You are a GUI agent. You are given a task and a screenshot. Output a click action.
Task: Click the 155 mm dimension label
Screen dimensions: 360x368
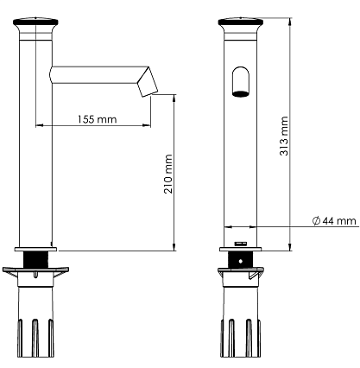tap(98, 119)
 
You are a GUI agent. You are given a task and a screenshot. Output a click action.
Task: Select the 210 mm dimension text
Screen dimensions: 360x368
tap(168, 174)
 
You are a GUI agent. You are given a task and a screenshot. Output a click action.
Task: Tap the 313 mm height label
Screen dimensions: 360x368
tap(284, 136)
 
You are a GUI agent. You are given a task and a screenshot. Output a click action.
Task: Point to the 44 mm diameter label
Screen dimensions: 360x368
tap(339, 221)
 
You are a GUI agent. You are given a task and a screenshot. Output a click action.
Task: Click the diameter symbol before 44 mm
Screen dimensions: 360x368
tap(316, 221)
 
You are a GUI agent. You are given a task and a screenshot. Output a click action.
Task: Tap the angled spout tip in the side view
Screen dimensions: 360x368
tap(147, 82)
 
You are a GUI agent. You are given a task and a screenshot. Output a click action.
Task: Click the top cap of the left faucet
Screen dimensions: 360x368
tap(35, 22)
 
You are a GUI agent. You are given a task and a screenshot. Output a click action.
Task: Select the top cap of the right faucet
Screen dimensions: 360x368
tap(241, 22)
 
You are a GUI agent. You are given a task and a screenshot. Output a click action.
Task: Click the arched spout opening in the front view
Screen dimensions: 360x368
tap(240, 81)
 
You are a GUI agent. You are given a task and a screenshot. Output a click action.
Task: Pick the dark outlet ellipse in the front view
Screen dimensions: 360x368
tap(240, 93)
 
